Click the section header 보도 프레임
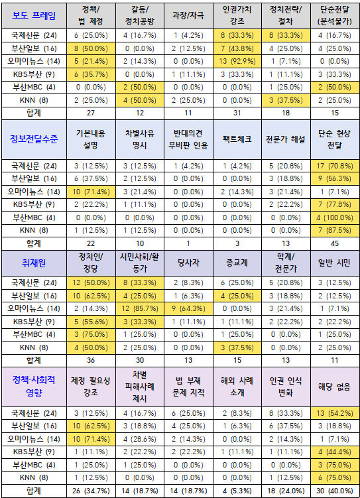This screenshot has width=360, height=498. click(x=33, y=15)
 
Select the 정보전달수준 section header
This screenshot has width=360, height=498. click(x=33, y=139)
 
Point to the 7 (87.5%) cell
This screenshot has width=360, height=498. click(x=335, y=229)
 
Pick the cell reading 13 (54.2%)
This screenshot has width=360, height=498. click(x=335, y=414)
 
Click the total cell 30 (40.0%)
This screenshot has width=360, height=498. click(x=335, y=490)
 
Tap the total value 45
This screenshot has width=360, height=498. click(x=335, y=242)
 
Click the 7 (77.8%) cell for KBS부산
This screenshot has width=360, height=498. click(x=335, y=204)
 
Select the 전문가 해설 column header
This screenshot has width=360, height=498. click(x=286, y=139)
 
